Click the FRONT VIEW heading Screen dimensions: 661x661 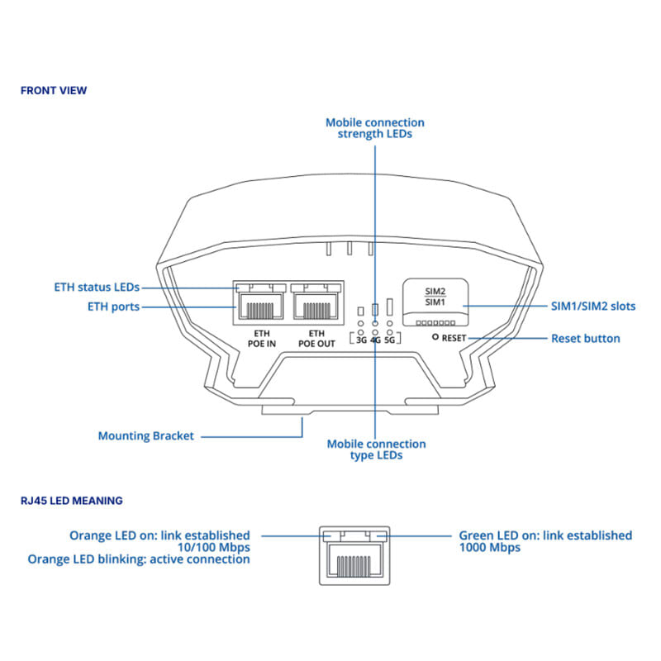click(54, 90)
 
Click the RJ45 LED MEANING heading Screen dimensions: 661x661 click(72, 500)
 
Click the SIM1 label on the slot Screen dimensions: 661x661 click(435, 302)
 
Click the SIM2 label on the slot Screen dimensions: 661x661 click(435, 291)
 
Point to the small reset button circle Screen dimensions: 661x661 click(435, 339)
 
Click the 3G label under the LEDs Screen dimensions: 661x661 click(361, 340)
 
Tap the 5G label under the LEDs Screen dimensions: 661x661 click(390, 340)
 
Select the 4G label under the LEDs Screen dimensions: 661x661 click(375, 340)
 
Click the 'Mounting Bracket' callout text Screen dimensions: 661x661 click(146, 435)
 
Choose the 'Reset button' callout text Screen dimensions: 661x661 click(585, 339)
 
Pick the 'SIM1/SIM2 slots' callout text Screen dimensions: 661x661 click(593, 306)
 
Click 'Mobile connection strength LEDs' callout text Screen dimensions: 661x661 click(375, 127)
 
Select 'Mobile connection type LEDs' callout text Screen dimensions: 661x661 click(376, 449)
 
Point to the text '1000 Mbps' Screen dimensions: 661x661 click(489, 547)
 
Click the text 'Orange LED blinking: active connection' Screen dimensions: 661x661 click(139, 559)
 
